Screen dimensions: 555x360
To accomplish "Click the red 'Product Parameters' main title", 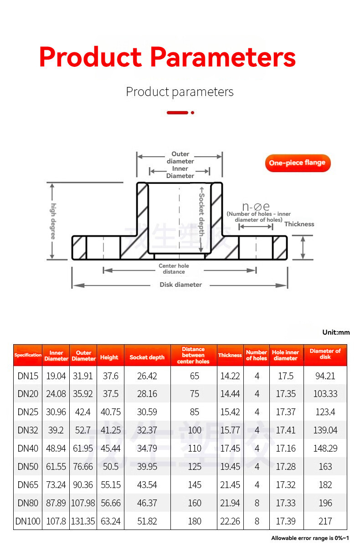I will (x=167, y=57).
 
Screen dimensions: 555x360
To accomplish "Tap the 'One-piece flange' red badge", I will (x=297, y=163).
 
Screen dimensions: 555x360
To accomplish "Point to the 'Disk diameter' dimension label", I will (x=180, y=285).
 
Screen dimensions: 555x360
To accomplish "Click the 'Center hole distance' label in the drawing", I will (x=174, y=269).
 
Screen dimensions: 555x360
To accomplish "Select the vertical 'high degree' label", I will (x=53, y=221).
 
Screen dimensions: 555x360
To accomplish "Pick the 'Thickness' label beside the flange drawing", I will (x=299, y=224).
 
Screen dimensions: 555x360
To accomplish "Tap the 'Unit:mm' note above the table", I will (x=336, y=332).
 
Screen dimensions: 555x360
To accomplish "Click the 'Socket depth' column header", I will (x=147, y=357).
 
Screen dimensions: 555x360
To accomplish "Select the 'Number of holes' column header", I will (x=257, y=355).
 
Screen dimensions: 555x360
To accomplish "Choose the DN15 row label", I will (x=28, y=376).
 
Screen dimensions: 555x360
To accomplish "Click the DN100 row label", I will (x=28, y=521).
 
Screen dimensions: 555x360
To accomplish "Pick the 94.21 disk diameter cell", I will (x=325, y=376).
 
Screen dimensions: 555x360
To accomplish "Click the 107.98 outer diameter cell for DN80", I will (x=83, y=503).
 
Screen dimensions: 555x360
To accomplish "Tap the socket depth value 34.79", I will (x=147, y=448).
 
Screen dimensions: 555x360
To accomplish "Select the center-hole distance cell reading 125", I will (x=195, y=467).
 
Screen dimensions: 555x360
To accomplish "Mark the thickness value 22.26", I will (x=230, y=521).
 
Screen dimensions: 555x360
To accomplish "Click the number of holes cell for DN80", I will (x=257, y=503).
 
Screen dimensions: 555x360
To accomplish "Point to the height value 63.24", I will (x=111, y=521).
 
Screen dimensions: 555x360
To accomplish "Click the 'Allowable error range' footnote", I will (x=310, y=539).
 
